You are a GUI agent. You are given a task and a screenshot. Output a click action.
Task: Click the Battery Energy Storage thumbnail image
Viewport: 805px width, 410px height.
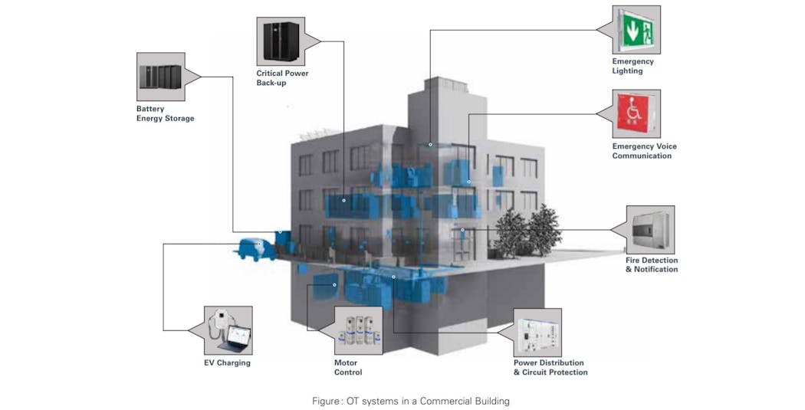pos(160,77)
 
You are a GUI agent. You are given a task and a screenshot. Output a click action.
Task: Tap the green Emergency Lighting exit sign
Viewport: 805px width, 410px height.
pos(636,30)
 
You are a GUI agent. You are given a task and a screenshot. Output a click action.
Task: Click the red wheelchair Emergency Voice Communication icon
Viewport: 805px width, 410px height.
pos(636,113)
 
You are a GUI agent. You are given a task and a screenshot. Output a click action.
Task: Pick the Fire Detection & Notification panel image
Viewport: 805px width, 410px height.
pos(650,229)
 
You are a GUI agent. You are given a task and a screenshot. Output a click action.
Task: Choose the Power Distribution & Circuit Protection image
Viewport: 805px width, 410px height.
pos(537,333)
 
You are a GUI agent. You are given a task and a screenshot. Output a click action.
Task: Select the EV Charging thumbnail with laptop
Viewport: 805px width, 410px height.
pos(228,330)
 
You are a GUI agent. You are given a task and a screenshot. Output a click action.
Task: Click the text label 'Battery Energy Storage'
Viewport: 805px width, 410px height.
pos(165,113)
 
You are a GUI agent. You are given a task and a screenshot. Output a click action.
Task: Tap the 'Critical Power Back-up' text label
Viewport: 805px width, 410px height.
pos(282,77)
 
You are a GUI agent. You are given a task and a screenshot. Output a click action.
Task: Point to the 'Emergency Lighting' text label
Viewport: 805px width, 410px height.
pos(632,66)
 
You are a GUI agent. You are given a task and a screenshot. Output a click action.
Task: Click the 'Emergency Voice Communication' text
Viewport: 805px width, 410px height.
pos(644,151)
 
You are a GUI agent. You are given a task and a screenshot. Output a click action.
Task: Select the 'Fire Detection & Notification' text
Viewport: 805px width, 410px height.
pos(651,264)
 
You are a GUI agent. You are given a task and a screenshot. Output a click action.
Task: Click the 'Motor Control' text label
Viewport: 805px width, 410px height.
pos(347,367)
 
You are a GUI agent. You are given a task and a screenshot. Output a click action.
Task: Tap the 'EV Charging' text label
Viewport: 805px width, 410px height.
pos(227,362)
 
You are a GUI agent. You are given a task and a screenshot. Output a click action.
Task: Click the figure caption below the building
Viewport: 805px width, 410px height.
pos(410,400)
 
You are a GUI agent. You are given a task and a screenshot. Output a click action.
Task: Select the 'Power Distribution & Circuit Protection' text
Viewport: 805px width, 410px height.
pos(550,367)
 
